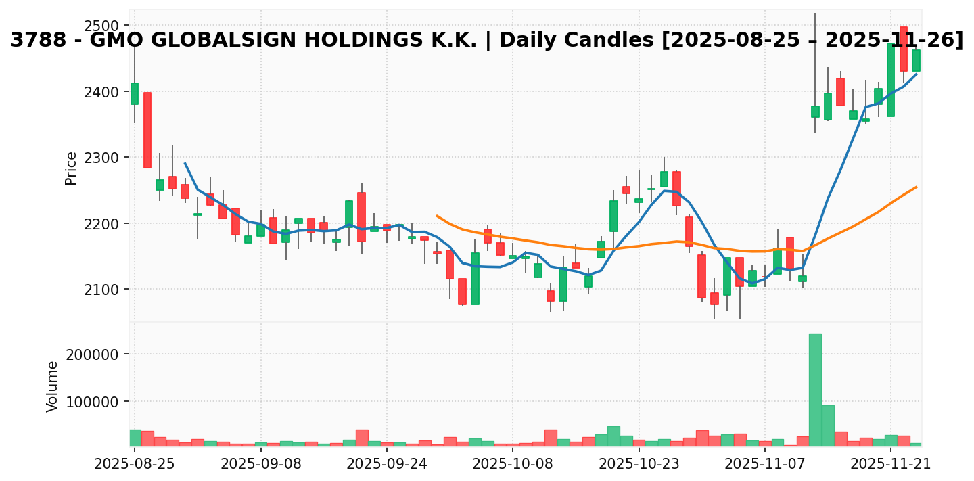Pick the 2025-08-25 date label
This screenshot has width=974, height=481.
click(x=134, y=464)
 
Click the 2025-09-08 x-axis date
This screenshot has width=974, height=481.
click(x=260, y=464)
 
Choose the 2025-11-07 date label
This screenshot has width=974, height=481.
click(x=764, y=464)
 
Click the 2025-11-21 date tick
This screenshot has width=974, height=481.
click(x=891, y=464)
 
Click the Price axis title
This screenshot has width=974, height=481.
click(x=70, y=168)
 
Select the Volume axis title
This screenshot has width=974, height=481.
click(x=52, y=386)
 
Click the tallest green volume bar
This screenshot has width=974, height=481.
click(x=815, y=390)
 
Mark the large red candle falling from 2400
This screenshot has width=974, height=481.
click(x=147, y=130)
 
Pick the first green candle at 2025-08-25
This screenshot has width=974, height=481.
click(x=134, y=93)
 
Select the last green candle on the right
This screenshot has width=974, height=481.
click(x=916, y=60)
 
